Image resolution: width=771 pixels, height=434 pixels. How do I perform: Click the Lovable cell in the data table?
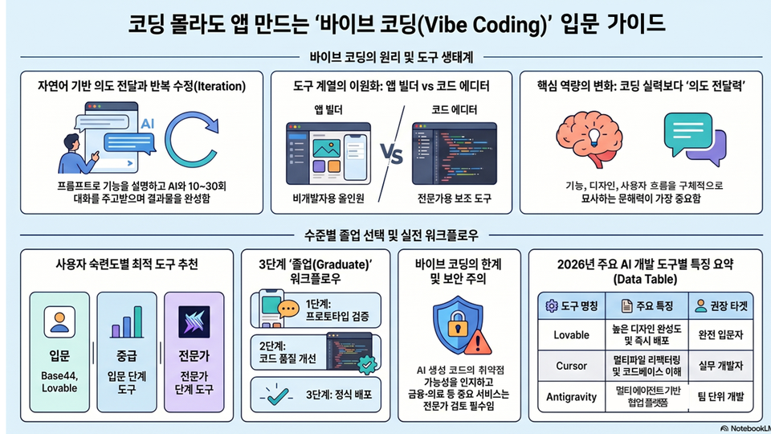click(571, 335)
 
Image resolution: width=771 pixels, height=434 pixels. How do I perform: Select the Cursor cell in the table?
click(571, 366)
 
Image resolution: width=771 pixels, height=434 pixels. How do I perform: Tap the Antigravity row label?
click(571, 397)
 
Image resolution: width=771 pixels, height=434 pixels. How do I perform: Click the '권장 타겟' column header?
click(721, 306)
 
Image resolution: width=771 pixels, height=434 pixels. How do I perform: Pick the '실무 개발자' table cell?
click(721, 366)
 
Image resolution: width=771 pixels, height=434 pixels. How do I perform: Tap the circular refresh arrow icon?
click(191, 140)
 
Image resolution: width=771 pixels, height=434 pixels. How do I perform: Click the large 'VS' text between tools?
click(391, 154)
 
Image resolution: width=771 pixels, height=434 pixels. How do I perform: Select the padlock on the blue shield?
click(457, 323)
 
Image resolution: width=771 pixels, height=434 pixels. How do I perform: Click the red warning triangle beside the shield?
click(477, 342)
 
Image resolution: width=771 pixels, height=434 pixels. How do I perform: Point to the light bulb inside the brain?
click(594, 135)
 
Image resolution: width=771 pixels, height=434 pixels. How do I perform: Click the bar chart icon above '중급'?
click(127, 321)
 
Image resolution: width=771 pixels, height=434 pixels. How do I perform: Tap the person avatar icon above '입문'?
click(59, 321)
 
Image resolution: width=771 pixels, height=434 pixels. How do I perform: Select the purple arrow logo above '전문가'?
click(194, 321)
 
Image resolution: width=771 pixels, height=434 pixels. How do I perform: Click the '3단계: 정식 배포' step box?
click(316, 395)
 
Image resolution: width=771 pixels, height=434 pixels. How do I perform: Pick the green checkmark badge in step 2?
click(367, 365)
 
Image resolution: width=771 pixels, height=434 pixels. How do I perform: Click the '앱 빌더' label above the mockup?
click(328, 110)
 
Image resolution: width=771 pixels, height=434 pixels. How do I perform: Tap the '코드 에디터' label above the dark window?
click(454, 110)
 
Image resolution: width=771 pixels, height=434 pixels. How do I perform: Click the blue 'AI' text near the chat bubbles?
click(148, 124)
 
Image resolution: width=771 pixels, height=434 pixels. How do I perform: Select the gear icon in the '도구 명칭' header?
click(552, 306)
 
